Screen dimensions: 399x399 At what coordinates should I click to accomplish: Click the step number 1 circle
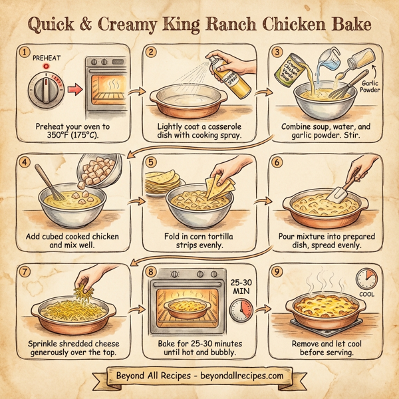click(x=26, y=51)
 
